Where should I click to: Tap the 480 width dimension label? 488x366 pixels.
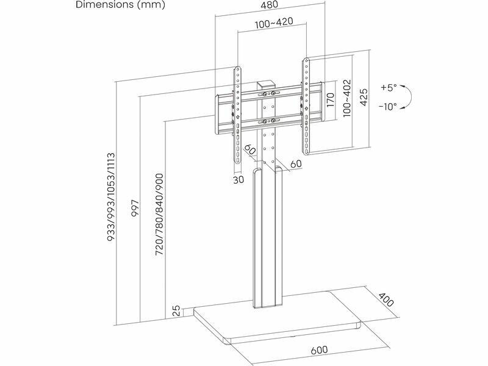pyautogui.click(x=270, y=5)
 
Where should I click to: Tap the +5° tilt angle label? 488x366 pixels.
pyautogui.click(x=388, y=87)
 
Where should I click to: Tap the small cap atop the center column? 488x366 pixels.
pyautogui.click(x=265, y=86)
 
